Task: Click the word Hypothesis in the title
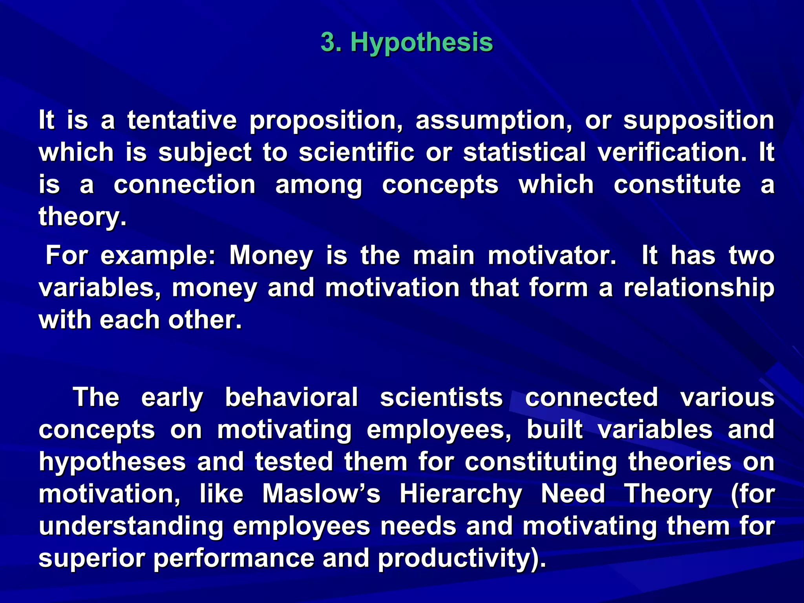(x=421, y=42)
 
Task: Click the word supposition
(x=698, y=121)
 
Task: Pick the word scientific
(x=356, y=152)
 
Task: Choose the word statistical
(x=524, y=152)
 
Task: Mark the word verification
(x=672, y=152)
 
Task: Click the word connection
(x=185, y=185)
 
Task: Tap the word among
(x=318, y=185)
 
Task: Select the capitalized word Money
(x=271, y=256)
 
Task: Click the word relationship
(x=698, y=288)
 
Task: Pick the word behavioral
(x=291, y=397)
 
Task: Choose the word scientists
(x=441, y=397)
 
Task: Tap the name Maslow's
(x=321, y=493)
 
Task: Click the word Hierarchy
(x=460, y=494)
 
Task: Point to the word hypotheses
(x=112, y=462)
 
